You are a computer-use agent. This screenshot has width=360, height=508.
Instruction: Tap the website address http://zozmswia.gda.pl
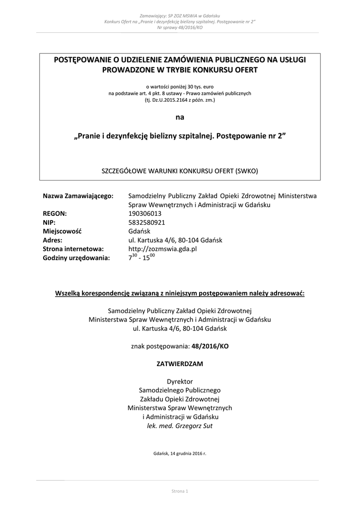162,249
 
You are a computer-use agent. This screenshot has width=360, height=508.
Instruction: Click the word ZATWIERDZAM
180,364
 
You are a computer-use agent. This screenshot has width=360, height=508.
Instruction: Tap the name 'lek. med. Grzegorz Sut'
180,426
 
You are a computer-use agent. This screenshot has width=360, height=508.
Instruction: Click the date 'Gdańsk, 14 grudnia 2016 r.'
180,453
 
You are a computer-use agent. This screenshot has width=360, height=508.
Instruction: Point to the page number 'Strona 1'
180,491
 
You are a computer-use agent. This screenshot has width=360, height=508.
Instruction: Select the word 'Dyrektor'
180,381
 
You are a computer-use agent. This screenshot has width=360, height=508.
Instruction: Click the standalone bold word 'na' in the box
180,118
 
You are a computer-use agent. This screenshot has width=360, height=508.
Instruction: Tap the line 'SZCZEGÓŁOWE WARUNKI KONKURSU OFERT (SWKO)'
180,170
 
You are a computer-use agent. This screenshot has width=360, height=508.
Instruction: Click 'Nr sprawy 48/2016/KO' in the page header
180,28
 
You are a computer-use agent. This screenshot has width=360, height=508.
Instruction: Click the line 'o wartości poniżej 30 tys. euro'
180,86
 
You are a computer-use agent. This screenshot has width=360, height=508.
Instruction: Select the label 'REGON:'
55,213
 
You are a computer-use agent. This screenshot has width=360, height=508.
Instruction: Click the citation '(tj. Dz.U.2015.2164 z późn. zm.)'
180,100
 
